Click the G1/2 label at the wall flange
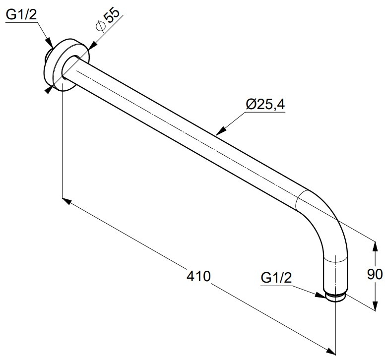point(21,15)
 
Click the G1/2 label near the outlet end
point(276,278)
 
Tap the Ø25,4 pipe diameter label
point(265,104)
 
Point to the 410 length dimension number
point(198,276)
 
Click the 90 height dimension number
point(375,274)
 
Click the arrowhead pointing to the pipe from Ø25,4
point(221,131)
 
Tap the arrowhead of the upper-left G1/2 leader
point(50,43)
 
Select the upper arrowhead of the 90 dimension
point(375,247)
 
